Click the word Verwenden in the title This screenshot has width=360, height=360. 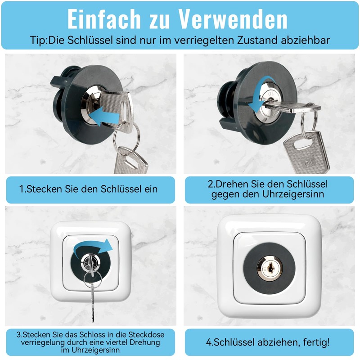[233, 19]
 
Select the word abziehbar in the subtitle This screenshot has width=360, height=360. [306, 40]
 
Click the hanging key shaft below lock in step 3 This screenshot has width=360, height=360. [92, 301]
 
